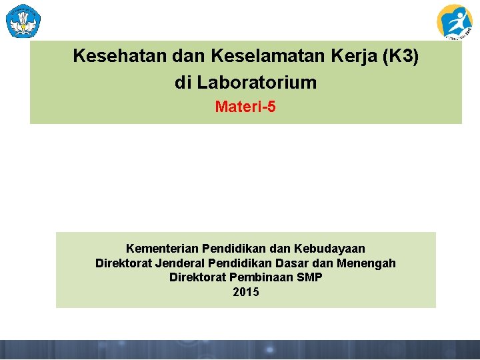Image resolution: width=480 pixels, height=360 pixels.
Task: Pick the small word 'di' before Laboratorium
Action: pos(182,83)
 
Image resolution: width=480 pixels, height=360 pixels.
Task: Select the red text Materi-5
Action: pos(245,107)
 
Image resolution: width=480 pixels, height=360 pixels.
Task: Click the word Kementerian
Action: pos(162,249)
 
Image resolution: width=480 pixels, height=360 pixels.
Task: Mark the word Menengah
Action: pos(366,263)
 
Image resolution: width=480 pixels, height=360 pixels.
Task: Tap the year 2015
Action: pos(246,292)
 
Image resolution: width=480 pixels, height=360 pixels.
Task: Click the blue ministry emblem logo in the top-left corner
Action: pos(23,21)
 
